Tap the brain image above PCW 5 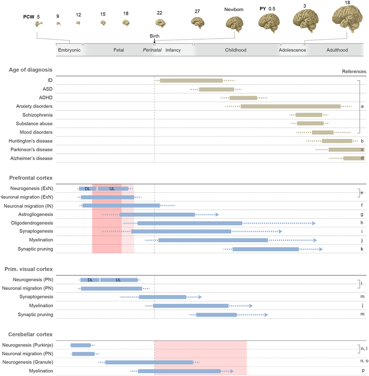[39, 24]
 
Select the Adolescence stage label [292, 50]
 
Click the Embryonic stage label [69, 50]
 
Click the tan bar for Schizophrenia [309, 115]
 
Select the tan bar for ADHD [243, 98]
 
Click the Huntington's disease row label [30, 141]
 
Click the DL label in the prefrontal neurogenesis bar [87, 189]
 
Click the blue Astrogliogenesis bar [157, 215]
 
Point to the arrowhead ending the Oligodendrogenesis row [314, 223]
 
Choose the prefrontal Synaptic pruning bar [265, 249]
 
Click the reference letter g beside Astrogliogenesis [363, 215]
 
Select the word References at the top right [354, 72]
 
